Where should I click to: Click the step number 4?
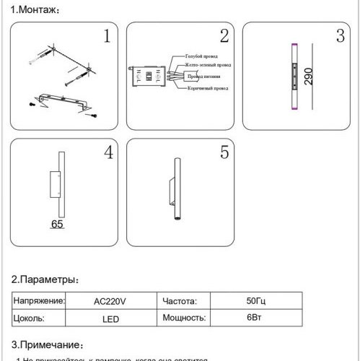(107, 152)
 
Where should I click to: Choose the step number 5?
(224, 152)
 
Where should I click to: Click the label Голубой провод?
(202, 56)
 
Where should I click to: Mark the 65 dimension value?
(58, 225)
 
